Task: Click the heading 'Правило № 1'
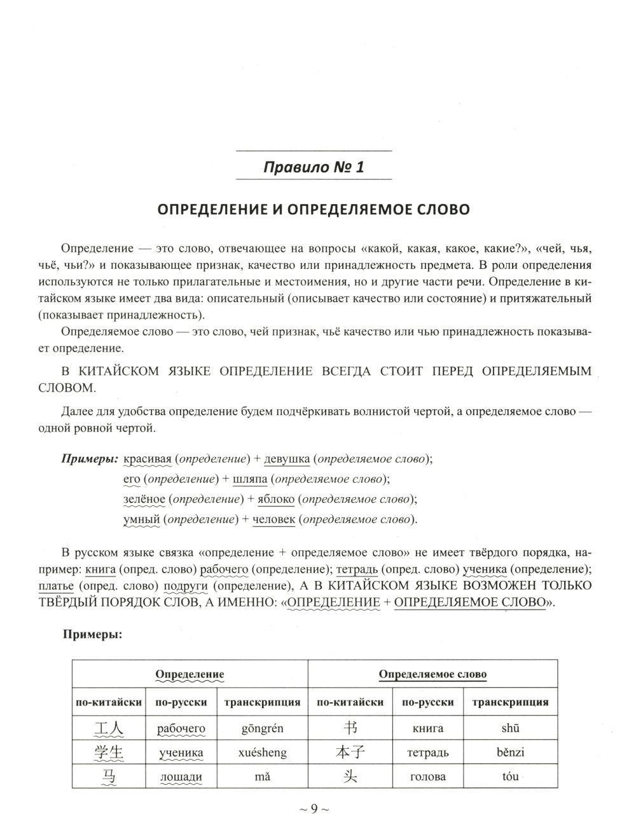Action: [x=314, y=168]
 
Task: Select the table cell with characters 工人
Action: [x=109, y=728]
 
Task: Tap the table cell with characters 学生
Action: [x=109, y=753]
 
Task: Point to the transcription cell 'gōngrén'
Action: [x=262, y=728]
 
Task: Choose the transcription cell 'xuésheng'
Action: [x=262, y=753]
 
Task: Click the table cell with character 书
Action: [x=350, y=728]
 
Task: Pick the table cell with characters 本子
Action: [x=350, y=753]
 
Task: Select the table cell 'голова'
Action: [x=427, y=777]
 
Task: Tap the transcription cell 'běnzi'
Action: [x=510, y=753]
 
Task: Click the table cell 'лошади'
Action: [x=181, y=777]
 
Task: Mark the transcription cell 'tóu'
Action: [x=510, y=777]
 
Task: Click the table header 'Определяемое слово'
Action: [x=432, y=674]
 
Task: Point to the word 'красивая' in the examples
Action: [x=148, y=458]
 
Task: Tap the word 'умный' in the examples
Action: [x=141, y=519]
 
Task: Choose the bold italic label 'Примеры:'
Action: [x=90, y=458]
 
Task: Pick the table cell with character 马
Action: [x=109, y=777]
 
